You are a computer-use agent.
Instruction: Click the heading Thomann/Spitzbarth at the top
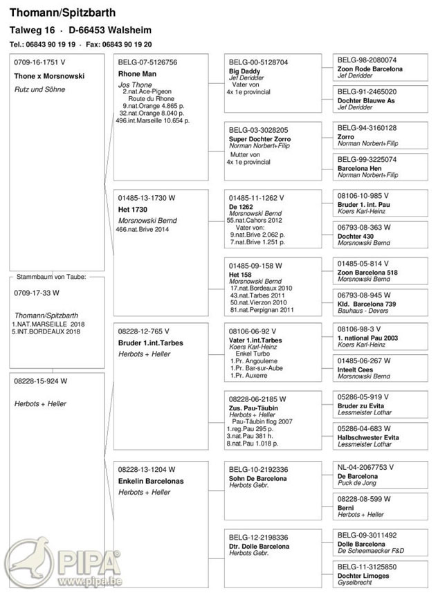pyautogui.click(x=62, y=12)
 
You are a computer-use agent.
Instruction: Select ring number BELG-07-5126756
pyautogui.click(x=147, y=62)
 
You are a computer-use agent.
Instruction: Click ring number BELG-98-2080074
pyautogui.click(x=367, y=60)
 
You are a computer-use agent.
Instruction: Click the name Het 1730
pyautogui.click(x=134, y=209)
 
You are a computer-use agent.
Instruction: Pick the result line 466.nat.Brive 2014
pyautogui.click(x=143, y=229)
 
